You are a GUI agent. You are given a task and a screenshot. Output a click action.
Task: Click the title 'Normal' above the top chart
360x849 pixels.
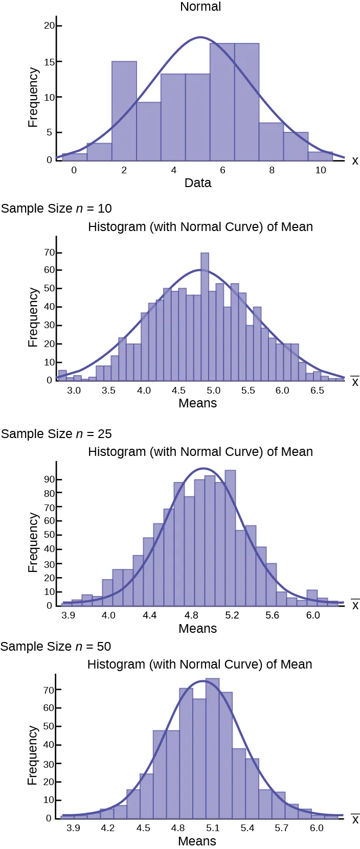pos(200,7)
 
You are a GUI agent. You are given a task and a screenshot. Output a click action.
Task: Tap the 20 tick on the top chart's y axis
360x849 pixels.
pos(49,26)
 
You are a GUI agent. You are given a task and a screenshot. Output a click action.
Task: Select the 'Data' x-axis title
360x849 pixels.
pos(198,183)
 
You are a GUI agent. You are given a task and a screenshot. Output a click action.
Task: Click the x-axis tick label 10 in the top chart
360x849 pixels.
pos(321,170)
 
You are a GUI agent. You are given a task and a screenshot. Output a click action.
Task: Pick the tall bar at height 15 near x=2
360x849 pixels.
pos(124,110)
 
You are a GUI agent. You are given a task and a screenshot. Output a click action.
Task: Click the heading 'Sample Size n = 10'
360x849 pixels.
pos(56,209)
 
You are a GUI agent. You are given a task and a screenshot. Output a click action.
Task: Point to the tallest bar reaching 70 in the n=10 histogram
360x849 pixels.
pos(205,317)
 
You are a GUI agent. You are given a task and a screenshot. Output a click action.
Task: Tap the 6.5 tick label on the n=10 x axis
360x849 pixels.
pos(318,391)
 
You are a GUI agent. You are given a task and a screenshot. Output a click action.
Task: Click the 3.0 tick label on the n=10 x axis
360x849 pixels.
pos(74,391)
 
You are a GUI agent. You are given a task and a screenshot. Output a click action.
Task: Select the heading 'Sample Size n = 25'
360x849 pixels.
pos(56,434)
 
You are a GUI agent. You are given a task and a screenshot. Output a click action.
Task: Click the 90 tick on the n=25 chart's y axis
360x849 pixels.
pos(49,479)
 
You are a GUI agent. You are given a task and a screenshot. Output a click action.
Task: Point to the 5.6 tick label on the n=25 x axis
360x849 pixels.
pos(273,615)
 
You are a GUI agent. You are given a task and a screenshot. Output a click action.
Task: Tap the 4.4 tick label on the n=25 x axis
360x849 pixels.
pos(150,615)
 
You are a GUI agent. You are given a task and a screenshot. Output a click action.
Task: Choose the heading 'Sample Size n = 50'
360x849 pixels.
pos(56,647)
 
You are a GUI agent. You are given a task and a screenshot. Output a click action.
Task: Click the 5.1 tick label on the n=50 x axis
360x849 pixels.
pos(213,828)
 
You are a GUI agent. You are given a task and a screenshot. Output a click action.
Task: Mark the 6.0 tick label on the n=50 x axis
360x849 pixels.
pos(317,828)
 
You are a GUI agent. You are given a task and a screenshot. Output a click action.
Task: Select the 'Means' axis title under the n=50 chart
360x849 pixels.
pos(197,841)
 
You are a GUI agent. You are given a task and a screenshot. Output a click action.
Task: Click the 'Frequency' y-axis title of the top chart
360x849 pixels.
pos(33,97)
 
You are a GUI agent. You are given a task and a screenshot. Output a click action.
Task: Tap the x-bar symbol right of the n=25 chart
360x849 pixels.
pos(355,605)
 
